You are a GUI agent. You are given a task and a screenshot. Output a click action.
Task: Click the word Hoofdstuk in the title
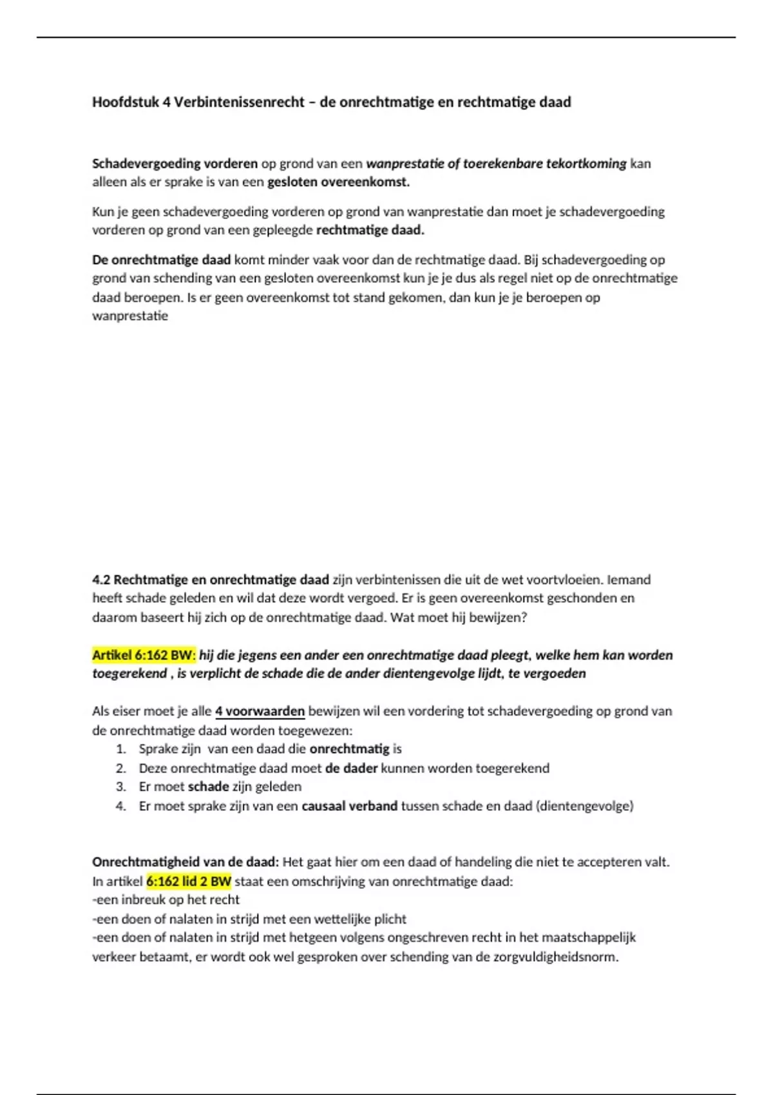click(x=125, y=102)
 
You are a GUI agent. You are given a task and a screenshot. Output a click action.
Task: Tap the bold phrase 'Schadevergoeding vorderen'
click(x=175, y=164)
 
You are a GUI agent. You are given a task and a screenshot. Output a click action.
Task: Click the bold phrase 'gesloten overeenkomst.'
click(x=338, y=182)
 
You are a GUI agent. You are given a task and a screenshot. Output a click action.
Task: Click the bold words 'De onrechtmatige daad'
click(x=161, y=260)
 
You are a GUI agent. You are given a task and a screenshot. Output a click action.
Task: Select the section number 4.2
click(x=101, y=580)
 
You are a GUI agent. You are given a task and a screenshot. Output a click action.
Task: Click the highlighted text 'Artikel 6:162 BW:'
click(x=144, y=655)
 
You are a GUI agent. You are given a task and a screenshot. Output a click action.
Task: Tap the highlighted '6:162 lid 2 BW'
click(x=189, y=881)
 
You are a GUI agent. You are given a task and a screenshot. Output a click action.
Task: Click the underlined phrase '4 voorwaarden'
click(x=260, y=712)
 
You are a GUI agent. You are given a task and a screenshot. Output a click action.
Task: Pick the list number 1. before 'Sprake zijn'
click(x=120, y=749)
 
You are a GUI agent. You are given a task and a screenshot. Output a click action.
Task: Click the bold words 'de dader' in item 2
click(x=351, y=768)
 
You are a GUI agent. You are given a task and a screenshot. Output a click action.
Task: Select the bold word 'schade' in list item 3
click(x=208, y=786)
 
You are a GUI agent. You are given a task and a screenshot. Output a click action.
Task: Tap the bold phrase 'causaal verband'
click(x=349, y=806)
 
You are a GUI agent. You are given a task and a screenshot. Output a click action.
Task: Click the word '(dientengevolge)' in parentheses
click(x=584, y=806)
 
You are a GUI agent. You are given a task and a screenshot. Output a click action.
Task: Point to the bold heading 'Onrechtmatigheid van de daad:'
click(x=186, y=862)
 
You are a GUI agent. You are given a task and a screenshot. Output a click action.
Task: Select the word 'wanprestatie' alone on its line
click(x=130, y=316)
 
